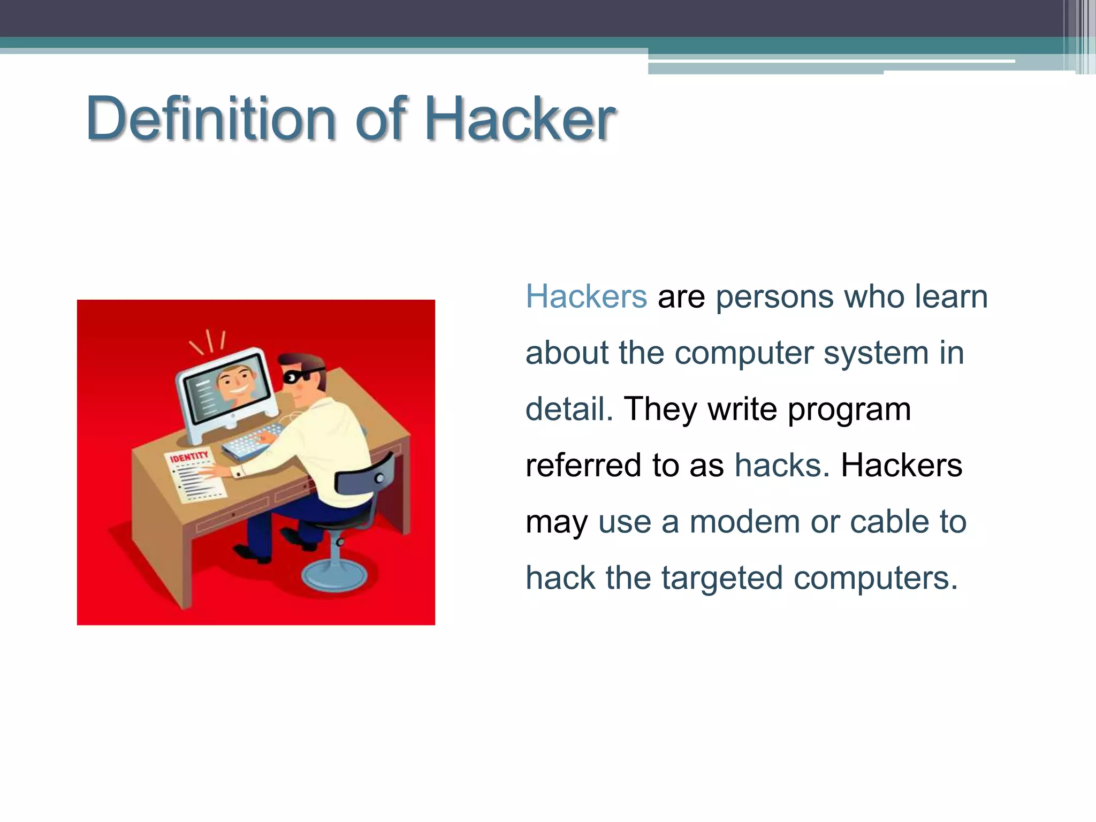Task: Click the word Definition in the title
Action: coord(211,118)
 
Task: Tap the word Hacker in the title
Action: coord(520,118)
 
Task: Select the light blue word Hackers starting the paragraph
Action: coord(586,296)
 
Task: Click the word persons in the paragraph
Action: coord(774,298)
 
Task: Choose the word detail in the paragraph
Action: coord(569,409)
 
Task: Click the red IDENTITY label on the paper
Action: coord(189,456)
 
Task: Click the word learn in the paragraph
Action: coord(950,296)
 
